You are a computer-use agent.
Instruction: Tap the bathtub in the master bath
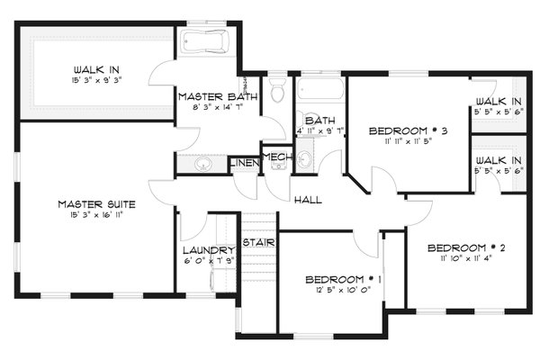206,44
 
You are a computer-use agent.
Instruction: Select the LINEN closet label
242,163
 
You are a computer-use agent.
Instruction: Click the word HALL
307,199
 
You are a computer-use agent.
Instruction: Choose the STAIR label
258,241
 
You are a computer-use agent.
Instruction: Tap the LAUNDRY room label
208,249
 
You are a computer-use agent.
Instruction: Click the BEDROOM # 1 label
343,278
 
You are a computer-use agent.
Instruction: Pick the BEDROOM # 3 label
409,131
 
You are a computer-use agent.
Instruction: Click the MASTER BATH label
218,96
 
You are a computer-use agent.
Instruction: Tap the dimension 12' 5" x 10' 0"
343,291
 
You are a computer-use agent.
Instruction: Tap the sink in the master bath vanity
202,164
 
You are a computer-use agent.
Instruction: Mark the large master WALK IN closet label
98,68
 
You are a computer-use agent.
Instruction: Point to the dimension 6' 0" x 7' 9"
208,262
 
